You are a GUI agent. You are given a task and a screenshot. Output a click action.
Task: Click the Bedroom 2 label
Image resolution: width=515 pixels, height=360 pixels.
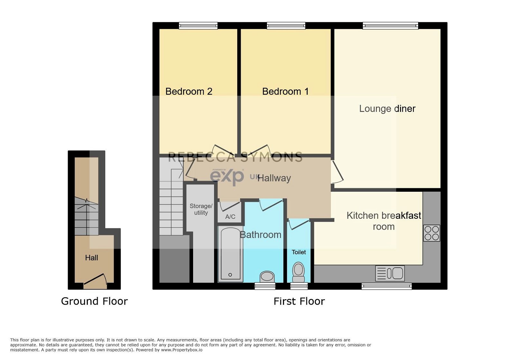[189, 91]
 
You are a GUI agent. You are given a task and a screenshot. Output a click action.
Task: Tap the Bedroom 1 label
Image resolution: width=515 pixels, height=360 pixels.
[285, 91]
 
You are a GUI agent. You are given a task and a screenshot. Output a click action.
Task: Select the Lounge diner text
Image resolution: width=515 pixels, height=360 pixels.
[387, 109]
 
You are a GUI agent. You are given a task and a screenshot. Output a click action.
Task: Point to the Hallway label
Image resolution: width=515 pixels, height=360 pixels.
[274, 178]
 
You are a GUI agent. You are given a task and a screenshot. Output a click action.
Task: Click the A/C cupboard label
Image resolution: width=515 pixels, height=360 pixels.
[230, 217]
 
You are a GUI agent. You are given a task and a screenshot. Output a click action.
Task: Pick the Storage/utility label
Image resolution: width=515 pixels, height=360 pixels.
[201, 209]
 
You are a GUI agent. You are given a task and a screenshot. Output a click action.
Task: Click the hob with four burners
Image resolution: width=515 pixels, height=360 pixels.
[431, 233]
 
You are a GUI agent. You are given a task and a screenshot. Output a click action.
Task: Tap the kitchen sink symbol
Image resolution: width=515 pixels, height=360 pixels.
[390, 273]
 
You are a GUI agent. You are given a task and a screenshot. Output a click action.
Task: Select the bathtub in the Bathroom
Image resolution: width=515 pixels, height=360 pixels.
[230, 254]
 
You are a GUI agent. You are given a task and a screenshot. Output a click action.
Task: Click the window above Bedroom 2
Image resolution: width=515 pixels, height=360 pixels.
[198, 25]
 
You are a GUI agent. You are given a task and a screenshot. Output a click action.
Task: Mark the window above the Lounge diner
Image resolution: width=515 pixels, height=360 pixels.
[390, 25]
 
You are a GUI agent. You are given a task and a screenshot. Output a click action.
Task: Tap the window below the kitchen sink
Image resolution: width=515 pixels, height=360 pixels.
[386, 286]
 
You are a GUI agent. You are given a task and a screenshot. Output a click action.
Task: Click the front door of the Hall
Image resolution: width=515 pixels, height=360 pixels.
[95, 281]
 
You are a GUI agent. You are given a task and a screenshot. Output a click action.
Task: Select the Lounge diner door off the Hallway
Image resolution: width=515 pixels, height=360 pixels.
[337, 172]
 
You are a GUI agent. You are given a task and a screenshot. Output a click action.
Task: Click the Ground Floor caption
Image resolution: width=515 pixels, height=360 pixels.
[94, 301]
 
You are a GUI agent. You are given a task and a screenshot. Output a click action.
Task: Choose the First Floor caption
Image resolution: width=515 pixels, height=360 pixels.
[299, 301]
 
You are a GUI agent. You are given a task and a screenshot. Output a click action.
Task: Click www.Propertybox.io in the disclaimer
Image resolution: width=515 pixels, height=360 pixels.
[182, 350]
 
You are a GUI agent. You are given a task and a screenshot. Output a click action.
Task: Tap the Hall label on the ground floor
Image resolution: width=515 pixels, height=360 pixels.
[91, 258]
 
